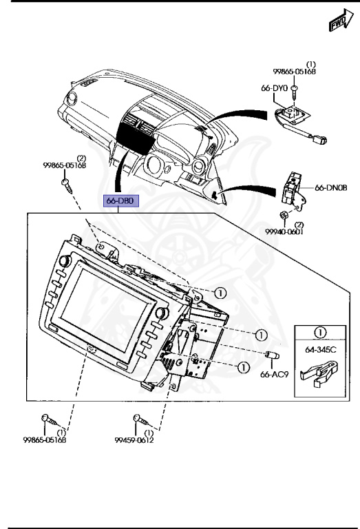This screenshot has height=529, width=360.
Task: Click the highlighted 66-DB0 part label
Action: click(120, 201)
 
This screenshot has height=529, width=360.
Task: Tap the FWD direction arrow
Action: click(341, 21)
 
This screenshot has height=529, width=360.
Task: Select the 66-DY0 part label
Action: click(275, 88)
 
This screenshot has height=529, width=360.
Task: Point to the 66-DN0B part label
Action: click(330, 187)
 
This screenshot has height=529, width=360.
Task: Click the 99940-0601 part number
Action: click(284, 232)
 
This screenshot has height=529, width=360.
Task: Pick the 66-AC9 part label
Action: click(275, 375)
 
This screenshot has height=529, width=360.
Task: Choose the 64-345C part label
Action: click(321, 350)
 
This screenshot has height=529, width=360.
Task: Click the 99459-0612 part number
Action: click(134, 440)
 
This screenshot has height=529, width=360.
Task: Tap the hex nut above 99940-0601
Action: click(284, 215)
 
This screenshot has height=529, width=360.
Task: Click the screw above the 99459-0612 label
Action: click(142, 420)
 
